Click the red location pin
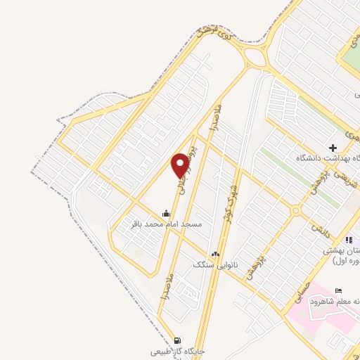pos(181,165)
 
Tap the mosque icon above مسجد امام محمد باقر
pos(166,213)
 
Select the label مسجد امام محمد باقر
pos(162,224)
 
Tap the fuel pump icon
pos(175,340)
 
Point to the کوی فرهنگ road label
pos(214,35)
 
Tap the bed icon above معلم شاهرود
pos(339,290)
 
